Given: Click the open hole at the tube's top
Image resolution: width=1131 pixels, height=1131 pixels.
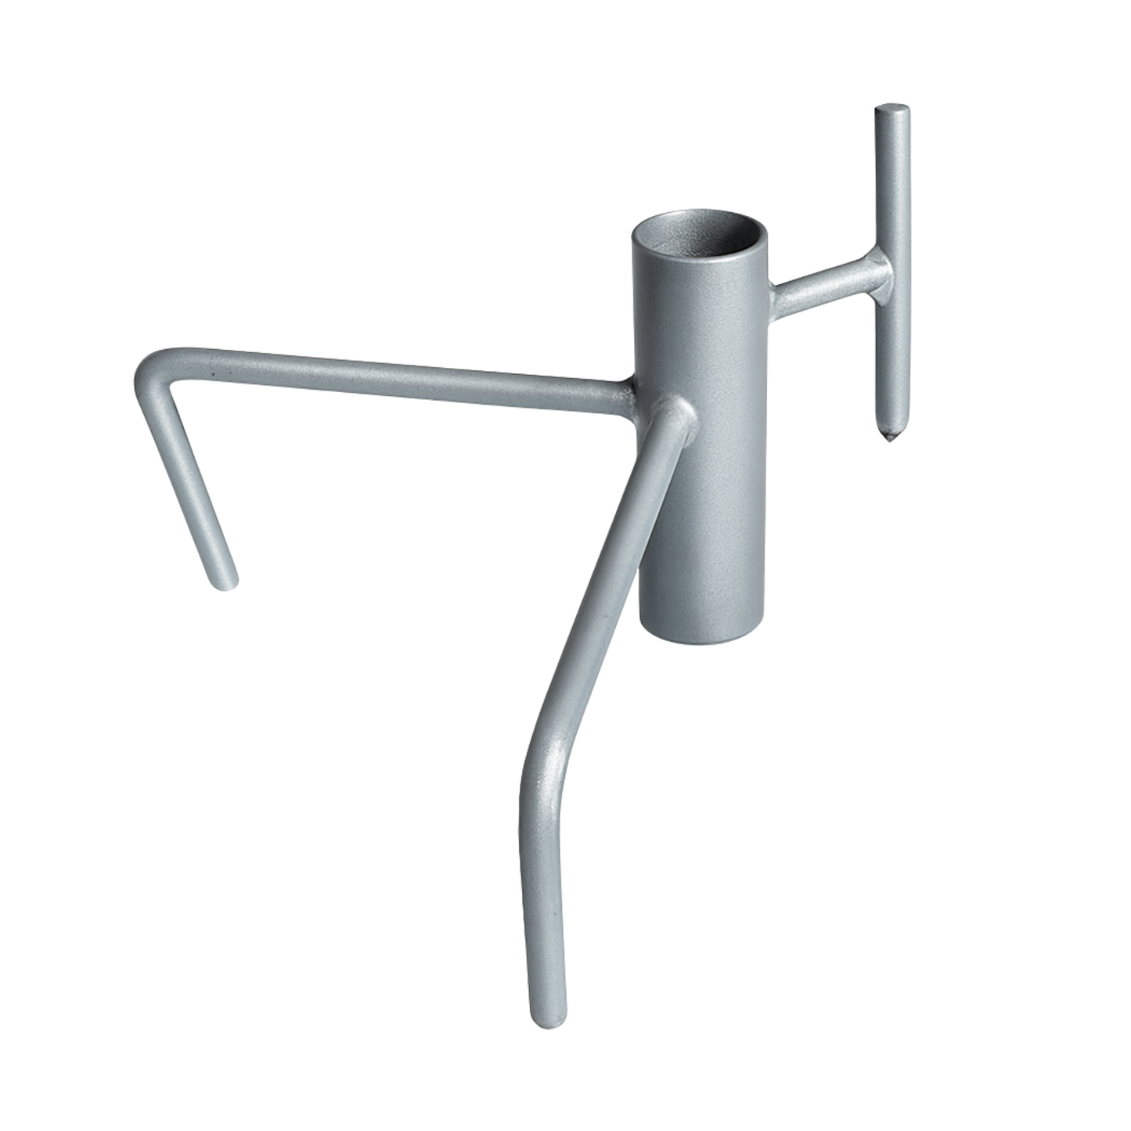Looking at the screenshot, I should [x=700, y=236].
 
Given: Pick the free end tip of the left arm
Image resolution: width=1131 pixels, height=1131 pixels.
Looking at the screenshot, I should [x=224, y=582].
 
